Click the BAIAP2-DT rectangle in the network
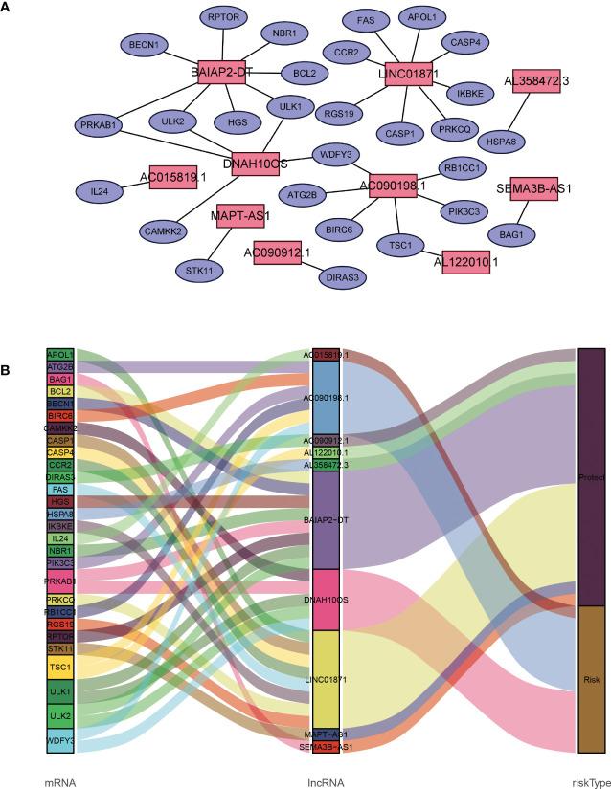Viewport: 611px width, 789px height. tap(222, 73)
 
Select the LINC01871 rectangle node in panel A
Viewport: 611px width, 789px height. tap(411, 73)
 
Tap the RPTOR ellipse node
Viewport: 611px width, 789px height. tap(227, 18)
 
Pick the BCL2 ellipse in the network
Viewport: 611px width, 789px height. tap(305, 73)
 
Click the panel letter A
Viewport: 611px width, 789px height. tap(8, 9)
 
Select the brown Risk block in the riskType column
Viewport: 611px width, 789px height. tap(591, 679)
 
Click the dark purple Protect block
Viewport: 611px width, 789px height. tap(591, 478)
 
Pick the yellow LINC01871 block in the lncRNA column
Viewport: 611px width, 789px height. tap(326, 678)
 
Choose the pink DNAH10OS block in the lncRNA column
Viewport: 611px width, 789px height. tap(326, 600)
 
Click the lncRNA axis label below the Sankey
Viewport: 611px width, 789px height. tap(326, 782)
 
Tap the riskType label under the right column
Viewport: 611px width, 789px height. tap(590, 782)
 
